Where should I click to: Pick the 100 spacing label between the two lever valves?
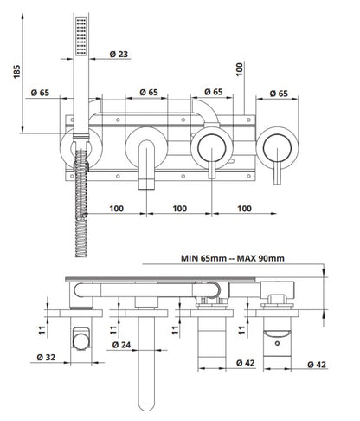coord(243,209)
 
